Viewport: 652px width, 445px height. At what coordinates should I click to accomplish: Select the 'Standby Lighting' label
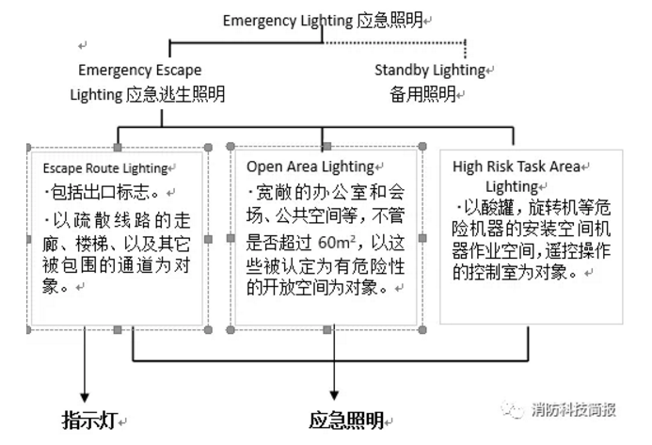[x=429, y=70]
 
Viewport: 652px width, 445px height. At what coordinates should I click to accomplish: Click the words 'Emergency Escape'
[x=139, y=70]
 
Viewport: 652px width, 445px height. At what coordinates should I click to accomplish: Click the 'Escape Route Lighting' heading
[x=104, y=168]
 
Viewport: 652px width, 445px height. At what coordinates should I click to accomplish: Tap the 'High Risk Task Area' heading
[x=516, y=167]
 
